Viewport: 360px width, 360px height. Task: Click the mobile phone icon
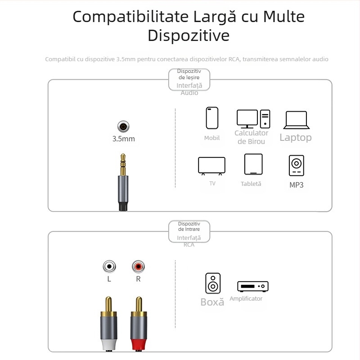[212, 118]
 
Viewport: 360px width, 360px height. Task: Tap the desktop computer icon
[253, 118]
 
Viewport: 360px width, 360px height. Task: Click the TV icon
[211, 166]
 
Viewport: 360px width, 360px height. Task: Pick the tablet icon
[253, 164]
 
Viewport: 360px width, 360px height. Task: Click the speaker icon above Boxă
[213, 283]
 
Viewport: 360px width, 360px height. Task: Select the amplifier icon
[253, 286]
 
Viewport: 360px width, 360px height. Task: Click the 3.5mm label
[123, 139]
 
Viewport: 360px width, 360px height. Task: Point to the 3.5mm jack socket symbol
[123, 126]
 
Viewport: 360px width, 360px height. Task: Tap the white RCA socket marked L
[109, 267]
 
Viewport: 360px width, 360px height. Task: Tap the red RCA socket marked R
[138, 267]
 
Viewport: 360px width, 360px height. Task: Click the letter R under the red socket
[138, 279]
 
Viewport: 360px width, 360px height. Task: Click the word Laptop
[295, 138]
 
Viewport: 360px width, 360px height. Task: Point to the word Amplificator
[246, 299]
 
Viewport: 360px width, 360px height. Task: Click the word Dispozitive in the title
[189, 36]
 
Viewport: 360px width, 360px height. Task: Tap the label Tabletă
[251, 184]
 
